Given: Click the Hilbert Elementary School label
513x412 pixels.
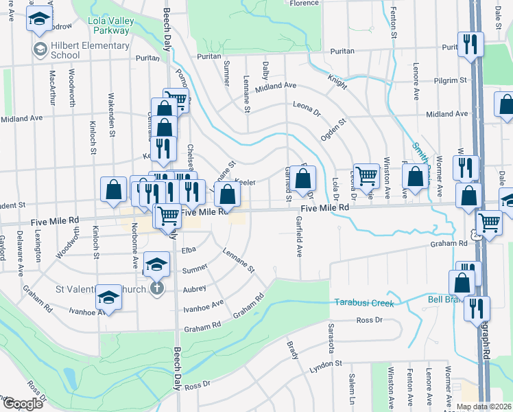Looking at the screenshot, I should [90, 50].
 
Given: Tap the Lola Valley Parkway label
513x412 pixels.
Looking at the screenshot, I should [111, 25].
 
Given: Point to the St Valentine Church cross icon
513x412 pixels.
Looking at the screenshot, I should [157, 288].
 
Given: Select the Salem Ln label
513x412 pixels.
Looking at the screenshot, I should [352, 389].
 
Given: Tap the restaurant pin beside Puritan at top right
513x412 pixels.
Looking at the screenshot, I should [470, 45].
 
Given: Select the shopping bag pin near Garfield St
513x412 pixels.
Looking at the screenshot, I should [302, 180].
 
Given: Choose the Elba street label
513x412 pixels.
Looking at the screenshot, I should [189, 251].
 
